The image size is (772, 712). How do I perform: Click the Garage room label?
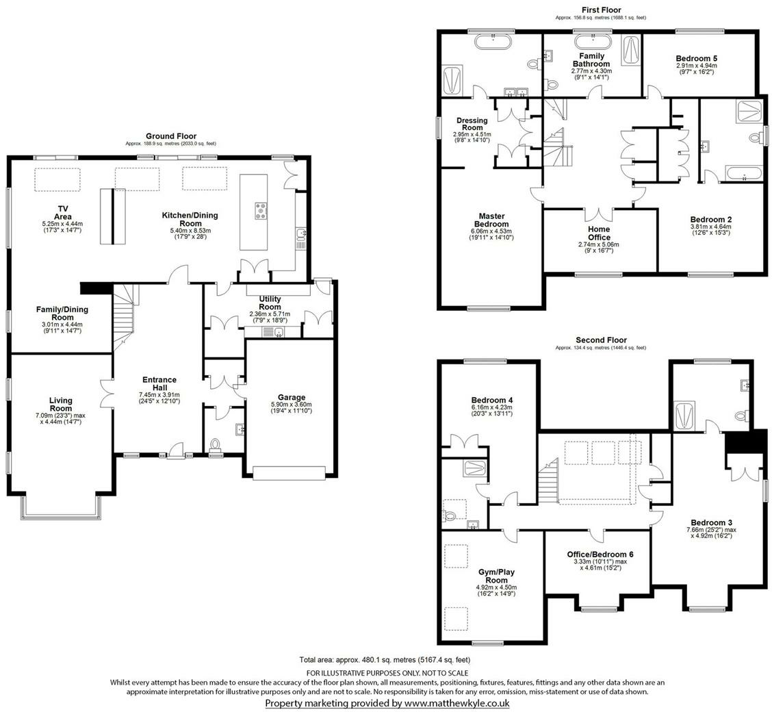tap(292, 397)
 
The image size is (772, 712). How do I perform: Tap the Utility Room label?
tap(270, 299)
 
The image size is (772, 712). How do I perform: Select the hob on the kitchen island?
tap(261, 211)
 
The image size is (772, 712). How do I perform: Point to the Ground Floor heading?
tap(170, 136)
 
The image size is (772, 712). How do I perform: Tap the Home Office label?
tap(599, 229)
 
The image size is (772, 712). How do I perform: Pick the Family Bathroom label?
tap(591, 60)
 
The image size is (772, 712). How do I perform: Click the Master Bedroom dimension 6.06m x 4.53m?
tap(492, 231)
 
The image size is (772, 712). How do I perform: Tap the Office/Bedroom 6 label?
tap(600, 555)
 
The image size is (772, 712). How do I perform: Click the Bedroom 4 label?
tap(492, 400)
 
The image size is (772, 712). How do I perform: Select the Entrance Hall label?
tap(159, 384)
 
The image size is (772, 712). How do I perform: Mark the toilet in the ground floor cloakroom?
tap(217, 446)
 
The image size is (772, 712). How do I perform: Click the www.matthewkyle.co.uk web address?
tap(456, 703)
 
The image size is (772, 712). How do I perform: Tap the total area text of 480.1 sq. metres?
tap(385, 660)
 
